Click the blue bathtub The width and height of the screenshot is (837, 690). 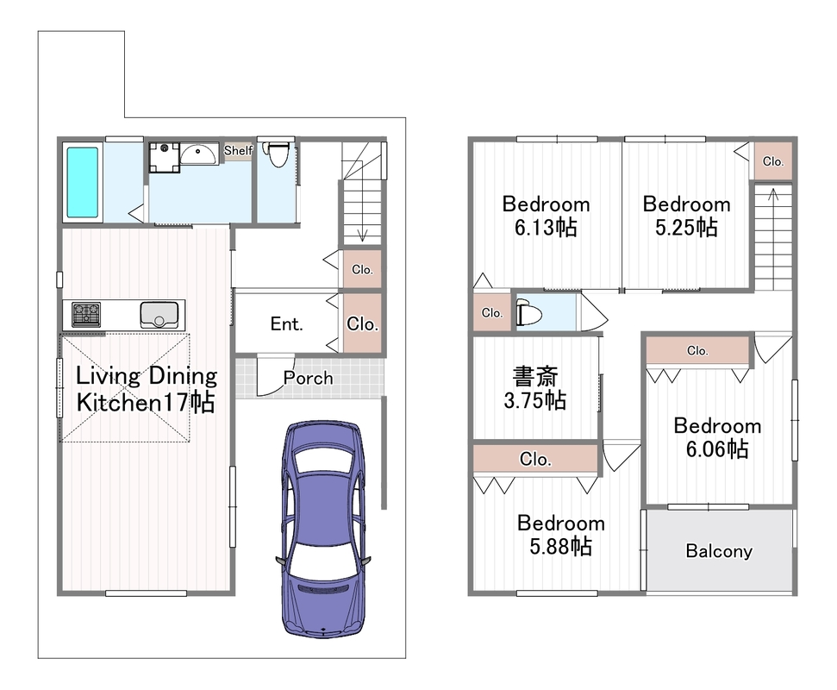click(x=82, y=182)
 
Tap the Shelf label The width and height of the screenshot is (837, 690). click(x=238, y=151)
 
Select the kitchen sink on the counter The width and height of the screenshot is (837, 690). click(x=159, y=315)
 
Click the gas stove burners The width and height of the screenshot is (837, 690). click(x=86, y=315)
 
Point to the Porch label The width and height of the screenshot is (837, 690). click(x=308, y=378)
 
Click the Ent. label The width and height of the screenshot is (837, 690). click(x=287, y=323)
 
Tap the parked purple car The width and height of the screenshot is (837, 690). click(x=323, y=529)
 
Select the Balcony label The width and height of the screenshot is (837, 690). click(x=719, y=551)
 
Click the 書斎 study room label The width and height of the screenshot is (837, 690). click(x=534, y=376)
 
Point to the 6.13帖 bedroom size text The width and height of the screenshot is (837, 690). click(x=546, y=228)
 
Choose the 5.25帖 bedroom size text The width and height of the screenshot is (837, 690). click(x=686, y=228)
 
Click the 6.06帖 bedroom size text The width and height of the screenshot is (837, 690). click(x=717, y=449)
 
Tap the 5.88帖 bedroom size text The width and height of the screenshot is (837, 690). click(x=560, y=546)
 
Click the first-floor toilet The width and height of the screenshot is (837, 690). click(x=278, y=154)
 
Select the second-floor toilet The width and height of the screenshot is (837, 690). click(x=528, y=312)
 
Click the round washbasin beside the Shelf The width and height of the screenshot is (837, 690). click(x=198, y=154)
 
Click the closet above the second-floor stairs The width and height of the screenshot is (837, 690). click(x=773, y=160)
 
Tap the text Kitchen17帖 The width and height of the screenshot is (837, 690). click(x=146, y=402)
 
